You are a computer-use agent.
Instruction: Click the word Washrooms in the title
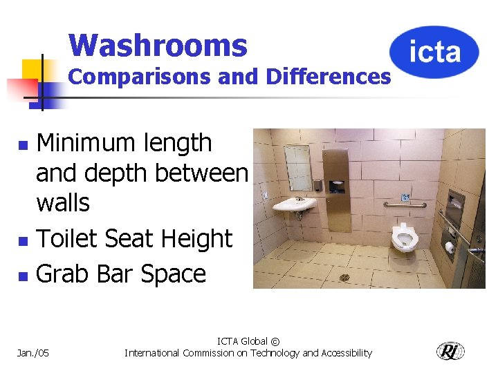(158, 46)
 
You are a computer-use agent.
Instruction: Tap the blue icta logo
(434, 52)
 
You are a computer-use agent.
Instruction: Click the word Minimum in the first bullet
(85, 143)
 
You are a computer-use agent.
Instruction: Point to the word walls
(63, 203)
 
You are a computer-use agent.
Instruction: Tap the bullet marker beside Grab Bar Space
(23, 276)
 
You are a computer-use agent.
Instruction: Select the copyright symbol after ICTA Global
(275, 341)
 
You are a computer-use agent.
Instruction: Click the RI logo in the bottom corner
(450, 352)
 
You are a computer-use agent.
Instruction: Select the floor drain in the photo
(344, 278)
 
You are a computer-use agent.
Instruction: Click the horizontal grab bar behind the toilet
(405, 205)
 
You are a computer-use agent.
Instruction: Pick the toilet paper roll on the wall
(449, 247)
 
